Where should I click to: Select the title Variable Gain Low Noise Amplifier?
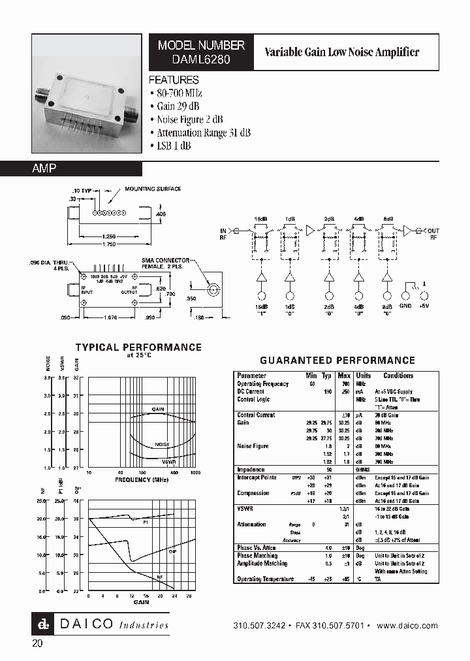click(341, 52)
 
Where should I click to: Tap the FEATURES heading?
click(174, 80)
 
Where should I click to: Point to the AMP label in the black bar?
click(44, 169)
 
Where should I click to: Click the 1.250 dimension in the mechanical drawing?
click(110, 236)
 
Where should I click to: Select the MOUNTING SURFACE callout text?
click(153, 189)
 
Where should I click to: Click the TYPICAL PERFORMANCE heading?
click(138, 347)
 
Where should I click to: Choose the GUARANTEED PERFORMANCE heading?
click(337, 360)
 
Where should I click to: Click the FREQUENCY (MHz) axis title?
click(142, 479)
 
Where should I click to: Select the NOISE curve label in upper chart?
click(162, 444)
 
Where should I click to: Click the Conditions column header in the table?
click(398, 376)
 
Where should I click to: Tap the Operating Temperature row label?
click(265, 579)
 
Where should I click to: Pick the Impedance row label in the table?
click(251, 470)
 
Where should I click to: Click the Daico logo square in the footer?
click(42, 625)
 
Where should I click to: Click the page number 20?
click(37, 644)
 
